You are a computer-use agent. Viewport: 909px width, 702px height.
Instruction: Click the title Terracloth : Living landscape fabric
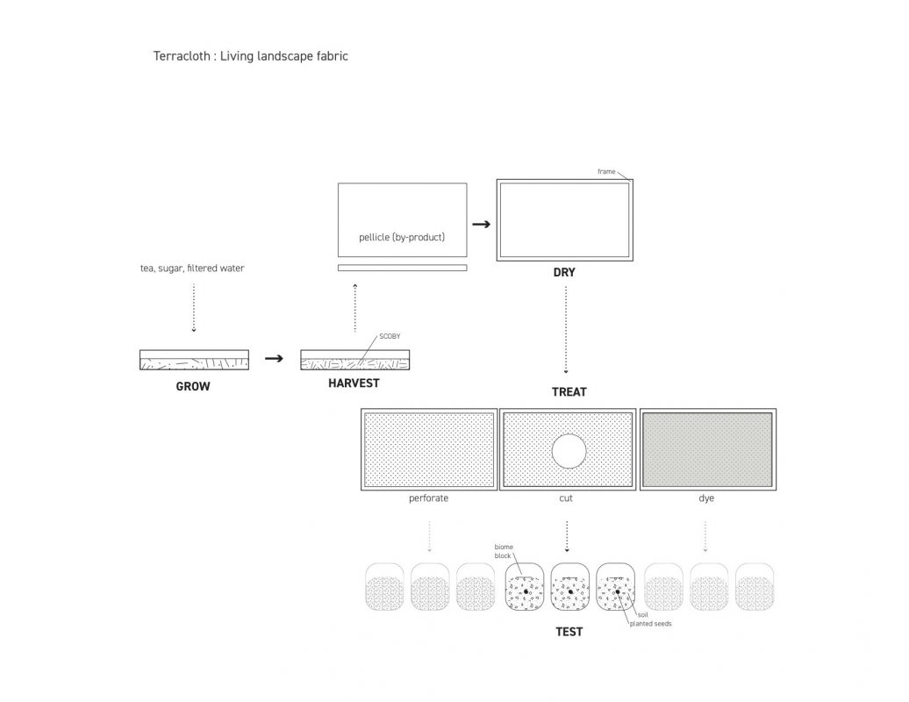[250, 56]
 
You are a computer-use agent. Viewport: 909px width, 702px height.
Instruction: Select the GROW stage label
[193, 387]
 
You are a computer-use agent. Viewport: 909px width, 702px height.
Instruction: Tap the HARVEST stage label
[354, 383]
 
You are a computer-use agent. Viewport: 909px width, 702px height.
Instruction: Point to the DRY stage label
[564, 272]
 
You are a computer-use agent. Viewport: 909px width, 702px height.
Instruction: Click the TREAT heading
[569, 392]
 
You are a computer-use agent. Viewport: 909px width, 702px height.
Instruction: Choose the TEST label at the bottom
[569, 632]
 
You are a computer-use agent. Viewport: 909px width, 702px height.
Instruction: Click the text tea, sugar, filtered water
[192, 269]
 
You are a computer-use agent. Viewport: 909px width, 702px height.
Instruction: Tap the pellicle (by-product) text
[402, 237]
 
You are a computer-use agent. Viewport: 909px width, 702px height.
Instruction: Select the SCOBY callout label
[390, 336]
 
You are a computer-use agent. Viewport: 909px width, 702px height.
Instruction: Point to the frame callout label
[606, 172]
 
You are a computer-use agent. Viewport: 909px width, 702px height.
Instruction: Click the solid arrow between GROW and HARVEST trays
[275, 358]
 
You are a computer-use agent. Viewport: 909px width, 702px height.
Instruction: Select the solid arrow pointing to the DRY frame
[481, 225]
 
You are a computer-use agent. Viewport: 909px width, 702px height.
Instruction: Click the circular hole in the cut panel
[569, 450]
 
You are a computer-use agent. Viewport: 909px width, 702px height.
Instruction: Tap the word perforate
[428, 498]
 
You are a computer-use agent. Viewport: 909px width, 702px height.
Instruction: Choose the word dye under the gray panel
[706, 498]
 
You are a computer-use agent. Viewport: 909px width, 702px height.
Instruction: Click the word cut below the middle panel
[566, 498]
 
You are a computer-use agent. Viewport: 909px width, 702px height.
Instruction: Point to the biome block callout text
[504, 551]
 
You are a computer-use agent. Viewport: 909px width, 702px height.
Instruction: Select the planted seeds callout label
[650, 624]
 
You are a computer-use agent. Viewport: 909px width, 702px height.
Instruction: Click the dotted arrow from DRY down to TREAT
[566, 330]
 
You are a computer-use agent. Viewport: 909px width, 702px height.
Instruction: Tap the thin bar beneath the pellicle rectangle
[403, 268]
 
